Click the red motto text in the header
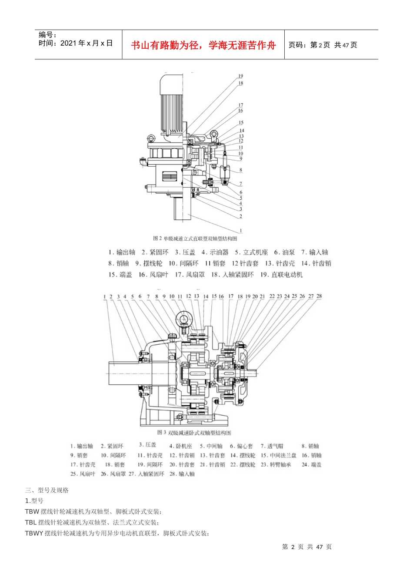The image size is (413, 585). click(203, 45)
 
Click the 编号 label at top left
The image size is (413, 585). click(47, 35)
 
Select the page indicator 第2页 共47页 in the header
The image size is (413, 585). click(323, 45)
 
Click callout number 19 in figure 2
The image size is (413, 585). click(240, 76)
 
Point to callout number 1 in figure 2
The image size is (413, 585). click(241, 231)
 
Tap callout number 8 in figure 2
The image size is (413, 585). click(241, 170)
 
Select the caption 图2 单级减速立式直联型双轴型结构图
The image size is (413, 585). click(195, 239)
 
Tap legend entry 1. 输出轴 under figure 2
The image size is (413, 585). click(122, 252)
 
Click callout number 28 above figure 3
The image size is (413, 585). click(319, 296)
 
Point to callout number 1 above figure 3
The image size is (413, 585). click(105, 297)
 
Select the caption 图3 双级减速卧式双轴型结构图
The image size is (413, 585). click(194, 433)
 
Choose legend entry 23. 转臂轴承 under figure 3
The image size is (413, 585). click(276, 465)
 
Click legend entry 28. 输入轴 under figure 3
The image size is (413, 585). click(182, 474)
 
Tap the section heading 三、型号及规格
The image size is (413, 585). click(47, 490)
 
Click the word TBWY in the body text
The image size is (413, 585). click(34, 534)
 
